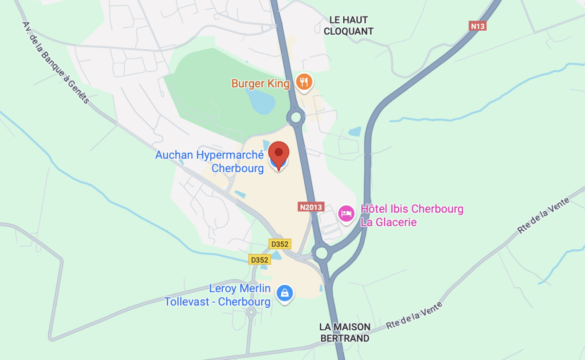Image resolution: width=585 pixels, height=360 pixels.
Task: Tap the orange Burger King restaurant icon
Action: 305,83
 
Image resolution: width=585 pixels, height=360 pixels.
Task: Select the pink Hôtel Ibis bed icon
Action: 346,214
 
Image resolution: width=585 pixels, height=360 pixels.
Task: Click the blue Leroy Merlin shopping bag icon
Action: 285,293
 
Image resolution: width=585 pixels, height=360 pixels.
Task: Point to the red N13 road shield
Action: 478,26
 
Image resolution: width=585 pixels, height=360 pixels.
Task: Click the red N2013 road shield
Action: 311,207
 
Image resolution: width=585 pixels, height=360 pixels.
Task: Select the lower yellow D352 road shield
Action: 259,260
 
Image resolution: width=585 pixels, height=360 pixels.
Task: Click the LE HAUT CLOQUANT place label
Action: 348,25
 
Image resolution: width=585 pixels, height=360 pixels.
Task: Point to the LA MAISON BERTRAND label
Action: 345,332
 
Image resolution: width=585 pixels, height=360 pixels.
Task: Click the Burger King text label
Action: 260,84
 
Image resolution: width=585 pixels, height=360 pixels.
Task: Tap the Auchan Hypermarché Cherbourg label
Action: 210,161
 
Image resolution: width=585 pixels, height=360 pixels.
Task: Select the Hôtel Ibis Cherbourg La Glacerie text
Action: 411,216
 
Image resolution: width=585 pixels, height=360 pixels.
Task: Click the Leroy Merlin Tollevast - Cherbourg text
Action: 217,295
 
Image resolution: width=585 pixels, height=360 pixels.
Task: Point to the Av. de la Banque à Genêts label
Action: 56,62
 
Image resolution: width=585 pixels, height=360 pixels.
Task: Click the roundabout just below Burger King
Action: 295,117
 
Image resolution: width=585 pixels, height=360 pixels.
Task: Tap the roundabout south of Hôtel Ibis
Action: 321,253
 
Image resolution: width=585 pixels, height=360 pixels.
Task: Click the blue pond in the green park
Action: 261,102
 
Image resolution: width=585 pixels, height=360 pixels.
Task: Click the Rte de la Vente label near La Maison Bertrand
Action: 414,315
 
